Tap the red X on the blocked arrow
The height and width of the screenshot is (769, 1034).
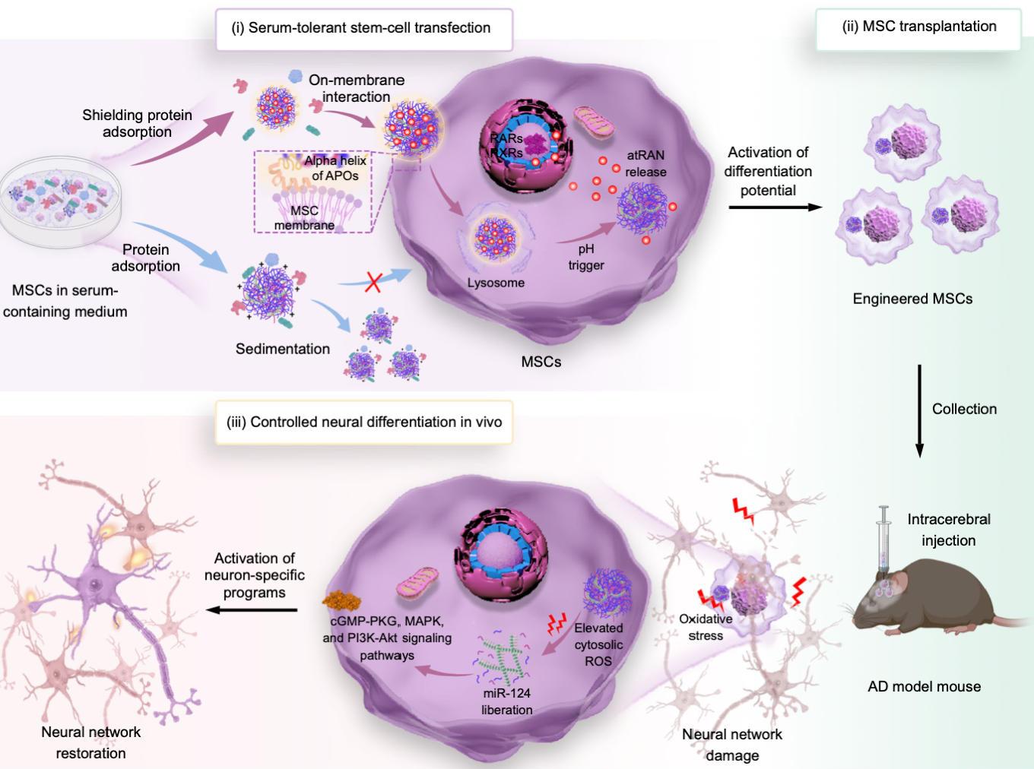coord(373,282)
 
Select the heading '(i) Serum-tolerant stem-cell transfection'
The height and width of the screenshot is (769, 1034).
coord(364,29)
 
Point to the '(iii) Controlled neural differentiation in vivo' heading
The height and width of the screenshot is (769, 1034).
coord(364,422)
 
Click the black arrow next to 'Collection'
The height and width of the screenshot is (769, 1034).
coord(919,411)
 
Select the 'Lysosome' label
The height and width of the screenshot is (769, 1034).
coord(496,283)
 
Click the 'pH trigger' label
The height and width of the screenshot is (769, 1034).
coord(586,257)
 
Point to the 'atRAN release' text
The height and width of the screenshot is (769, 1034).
coord(645,163)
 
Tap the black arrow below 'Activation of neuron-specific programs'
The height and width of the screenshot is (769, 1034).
coord(252,609)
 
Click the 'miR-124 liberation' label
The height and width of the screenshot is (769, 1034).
coord(506,701)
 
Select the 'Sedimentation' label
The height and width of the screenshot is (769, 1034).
coord(283,349)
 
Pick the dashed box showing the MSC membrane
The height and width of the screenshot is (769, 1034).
coord(313,191)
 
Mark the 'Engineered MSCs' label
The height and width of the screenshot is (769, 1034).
coord(912,299)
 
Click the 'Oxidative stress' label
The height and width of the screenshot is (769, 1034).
coord(706,628)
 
